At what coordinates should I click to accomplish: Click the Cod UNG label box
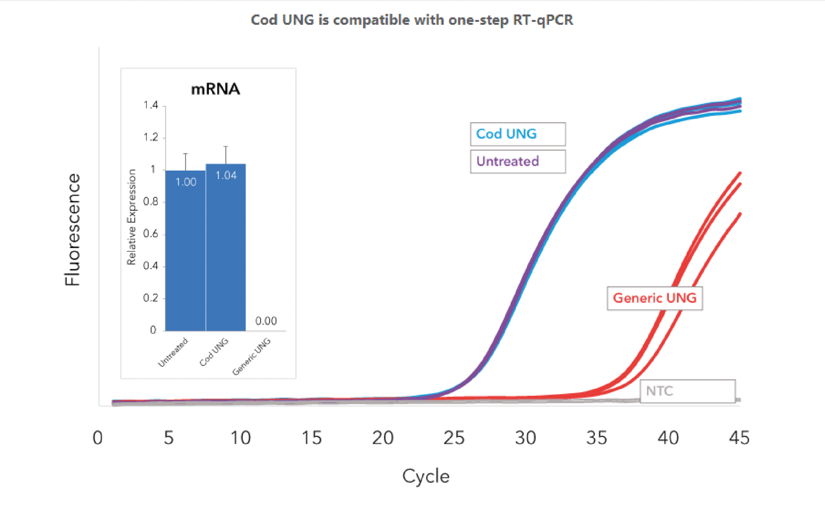tap(517, 134)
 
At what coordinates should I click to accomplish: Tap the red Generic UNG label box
tap(654, 298)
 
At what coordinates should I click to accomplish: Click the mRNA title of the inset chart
tap(215, 89)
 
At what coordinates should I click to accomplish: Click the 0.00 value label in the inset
tap(266, 321)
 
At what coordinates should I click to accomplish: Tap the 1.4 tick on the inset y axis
tap(150, 105)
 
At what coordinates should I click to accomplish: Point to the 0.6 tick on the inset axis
tap(150, 234)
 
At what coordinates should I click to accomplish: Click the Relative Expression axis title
tap(131, 217)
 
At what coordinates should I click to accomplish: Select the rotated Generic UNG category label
tap(252, 357)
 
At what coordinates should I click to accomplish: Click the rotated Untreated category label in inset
tap(173, 352)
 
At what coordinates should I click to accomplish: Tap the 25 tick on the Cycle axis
tap(453, 438)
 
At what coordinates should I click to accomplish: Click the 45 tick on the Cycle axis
tap(739, 438)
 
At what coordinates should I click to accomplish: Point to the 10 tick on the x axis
tap(240, 438)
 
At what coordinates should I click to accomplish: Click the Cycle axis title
tap(425, 476)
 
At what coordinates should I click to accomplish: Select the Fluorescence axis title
tap(72, 230)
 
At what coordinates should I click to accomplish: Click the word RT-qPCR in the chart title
tap(543, 20)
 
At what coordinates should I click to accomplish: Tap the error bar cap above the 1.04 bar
tap(226, 146)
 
